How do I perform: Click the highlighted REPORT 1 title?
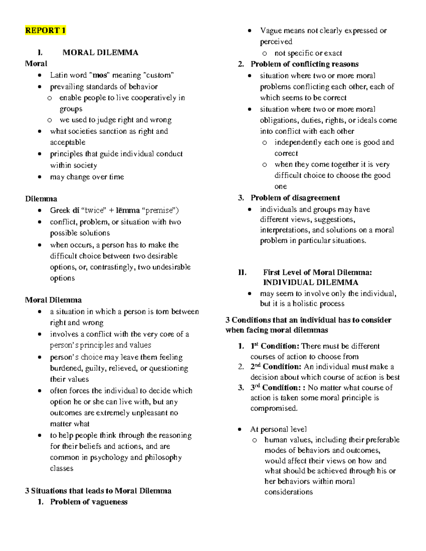coord(45,31)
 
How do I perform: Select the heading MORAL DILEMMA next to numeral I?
coord(100,53)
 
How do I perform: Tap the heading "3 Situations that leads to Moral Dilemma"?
coord(98,491)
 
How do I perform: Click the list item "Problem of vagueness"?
coord(89,502)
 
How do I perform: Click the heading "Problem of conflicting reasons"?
coord(304,64)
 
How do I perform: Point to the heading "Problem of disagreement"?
coord(295,198)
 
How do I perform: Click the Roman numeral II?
coord(242,272)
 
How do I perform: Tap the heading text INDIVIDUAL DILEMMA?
coord(310,283)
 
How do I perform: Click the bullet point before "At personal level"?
coord(240,430)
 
